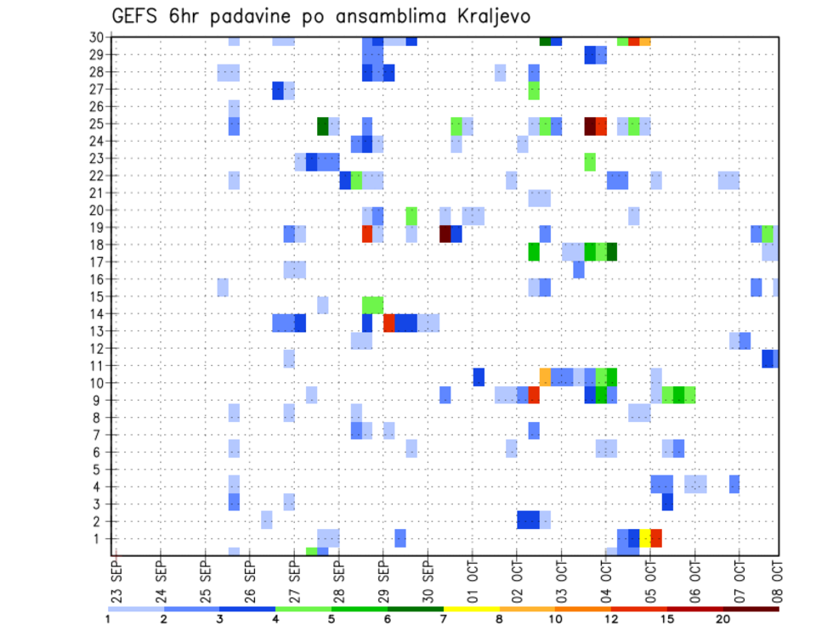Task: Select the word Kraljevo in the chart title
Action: point(494,17)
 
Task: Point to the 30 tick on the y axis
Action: point(96,37)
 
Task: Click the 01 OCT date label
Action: point(471,579)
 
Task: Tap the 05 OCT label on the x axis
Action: point(649,579)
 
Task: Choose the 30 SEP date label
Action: point(427,579)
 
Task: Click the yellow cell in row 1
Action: point(645,537)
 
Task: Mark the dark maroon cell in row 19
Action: point(445,233)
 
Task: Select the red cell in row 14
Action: point(388,323)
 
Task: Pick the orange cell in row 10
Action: point(545,376)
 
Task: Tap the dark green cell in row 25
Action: point(323,126)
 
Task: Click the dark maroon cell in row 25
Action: point(589,126)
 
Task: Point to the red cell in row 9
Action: point(534,395)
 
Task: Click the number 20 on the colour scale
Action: point(722,619)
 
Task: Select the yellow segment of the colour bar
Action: point(472,609)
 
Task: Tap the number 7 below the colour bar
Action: point(444,619)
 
